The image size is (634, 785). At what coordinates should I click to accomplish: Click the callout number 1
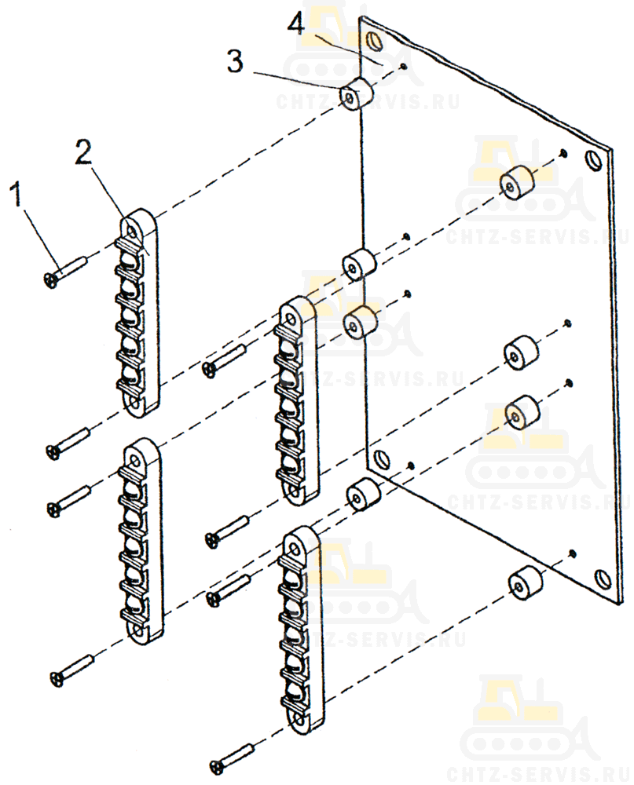(x=17, y=194)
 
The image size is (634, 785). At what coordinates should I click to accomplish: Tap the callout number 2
(x=84, y=152)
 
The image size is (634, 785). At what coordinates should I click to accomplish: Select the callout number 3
(x=235, y=61)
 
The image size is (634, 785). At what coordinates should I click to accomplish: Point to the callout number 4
(x=295, y=22)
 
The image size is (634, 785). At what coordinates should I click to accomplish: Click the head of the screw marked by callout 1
(x=50, y=280)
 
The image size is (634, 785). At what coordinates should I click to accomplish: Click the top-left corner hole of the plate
(x=373, y=39)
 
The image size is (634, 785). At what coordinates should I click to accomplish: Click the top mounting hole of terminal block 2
(x=132, y=232)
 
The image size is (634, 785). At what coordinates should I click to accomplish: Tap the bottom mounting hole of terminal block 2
(x=135, y=403)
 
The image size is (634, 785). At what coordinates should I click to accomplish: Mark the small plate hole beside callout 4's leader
(x=404, y=66)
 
